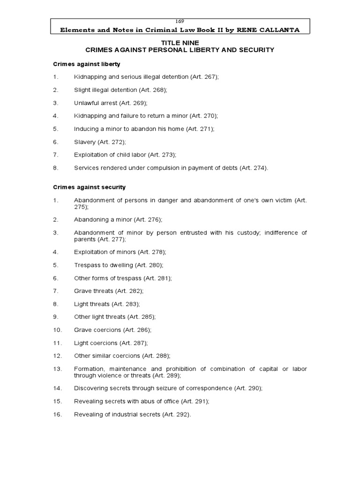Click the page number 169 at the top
coord(180,21)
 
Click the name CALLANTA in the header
coord(277,30)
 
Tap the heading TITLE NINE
coord(180,42)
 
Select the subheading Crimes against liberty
coord(83,64)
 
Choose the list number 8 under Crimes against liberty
coord(55,168)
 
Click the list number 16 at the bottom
coord(57,415)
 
